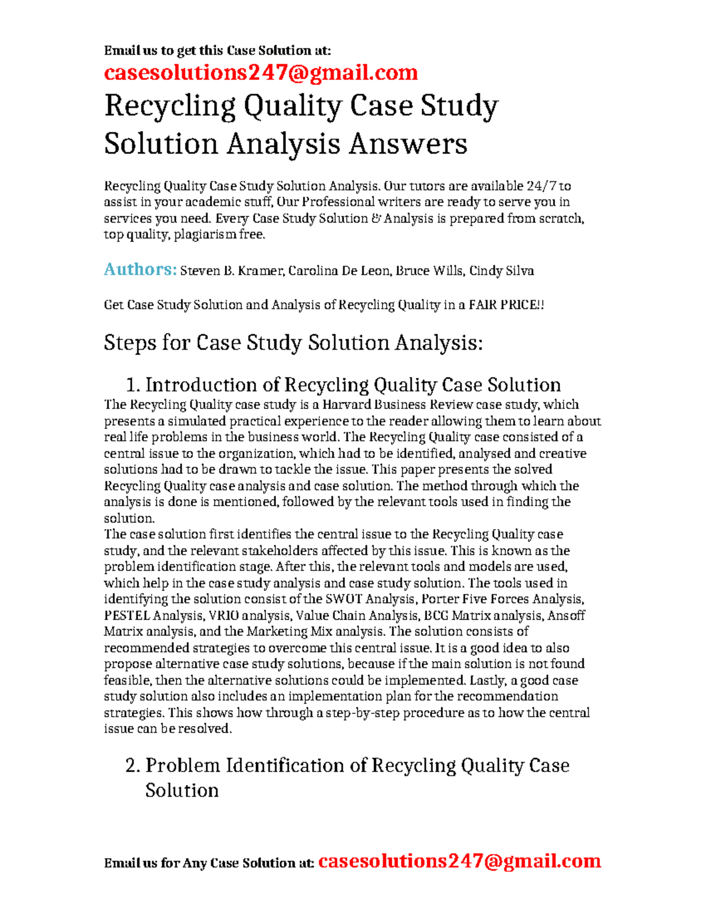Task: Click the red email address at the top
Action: (261, 72)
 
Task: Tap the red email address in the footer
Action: (459, 861)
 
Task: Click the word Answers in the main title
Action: (408, 144)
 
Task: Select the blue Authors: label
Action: (140, 270)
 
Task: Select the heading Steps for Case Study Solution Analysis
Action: (293, 343)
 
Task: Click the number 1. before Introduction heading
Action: (134, 385)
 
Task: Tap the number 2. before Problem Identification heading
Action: (133, 765)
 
